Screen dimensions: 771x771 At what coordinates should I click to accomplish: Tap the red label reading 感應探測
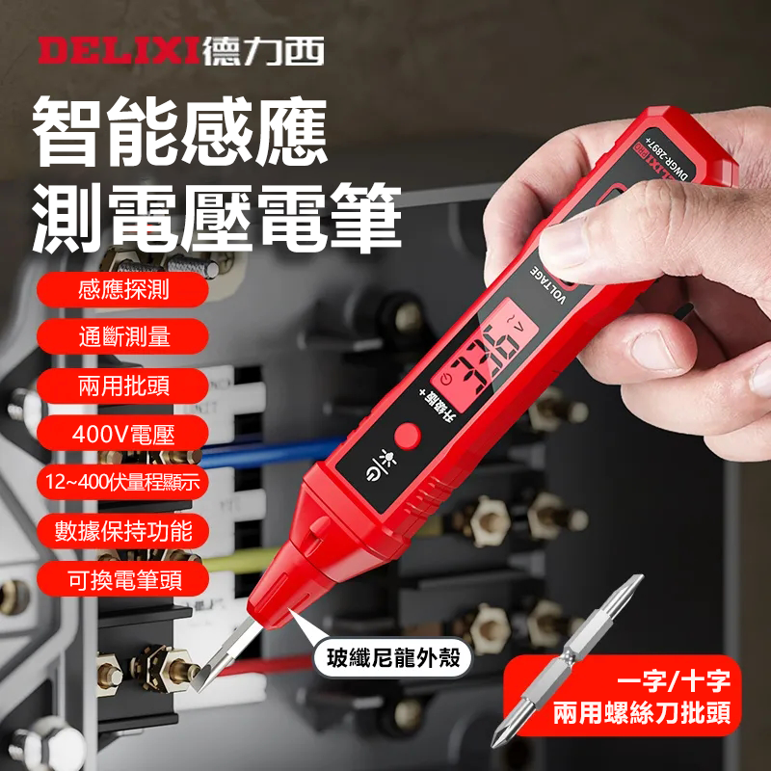(122, 288)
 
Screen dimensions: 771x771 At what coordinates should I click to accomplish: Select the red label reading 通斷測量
(122, 336)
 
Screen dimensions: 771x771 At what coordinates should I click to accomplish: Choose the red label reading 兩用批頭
(122, 385)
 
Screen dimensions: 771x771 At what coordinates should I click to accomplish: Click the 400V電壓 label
(122, 434)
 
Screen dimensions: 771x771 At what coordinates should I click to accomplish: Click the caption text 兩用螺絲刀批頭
(641, 714)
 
